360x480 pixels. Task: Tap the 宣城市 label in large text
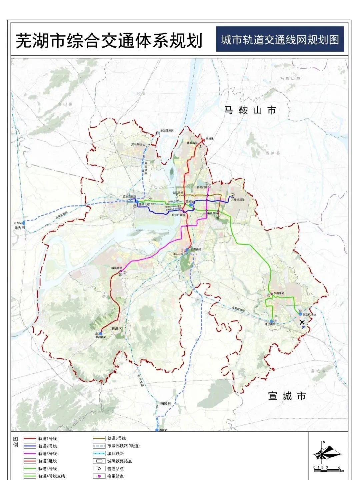pos(287,396)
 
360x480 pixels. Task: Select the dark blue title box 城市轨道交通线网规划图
pos(280,40)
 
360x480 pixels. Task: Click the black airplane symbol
pos(302,322)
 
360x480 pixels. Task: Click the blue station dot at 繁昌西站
pos(100,333)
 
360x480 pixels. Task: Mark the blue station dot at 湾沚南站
pos(271,321)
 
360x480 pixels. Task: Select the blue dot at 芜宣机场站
pos(300,314)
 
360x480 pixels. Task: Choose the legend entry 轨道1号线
pos(47,439)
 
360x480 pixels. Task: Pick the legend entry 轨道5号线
pos(116,438)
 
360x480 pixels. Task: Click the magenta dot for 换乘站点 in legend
pos(99,476)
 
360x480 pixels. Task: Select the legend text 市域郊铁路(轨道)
pos(123,446)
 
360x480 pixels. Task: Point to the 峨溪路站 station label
pos(117,268)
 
